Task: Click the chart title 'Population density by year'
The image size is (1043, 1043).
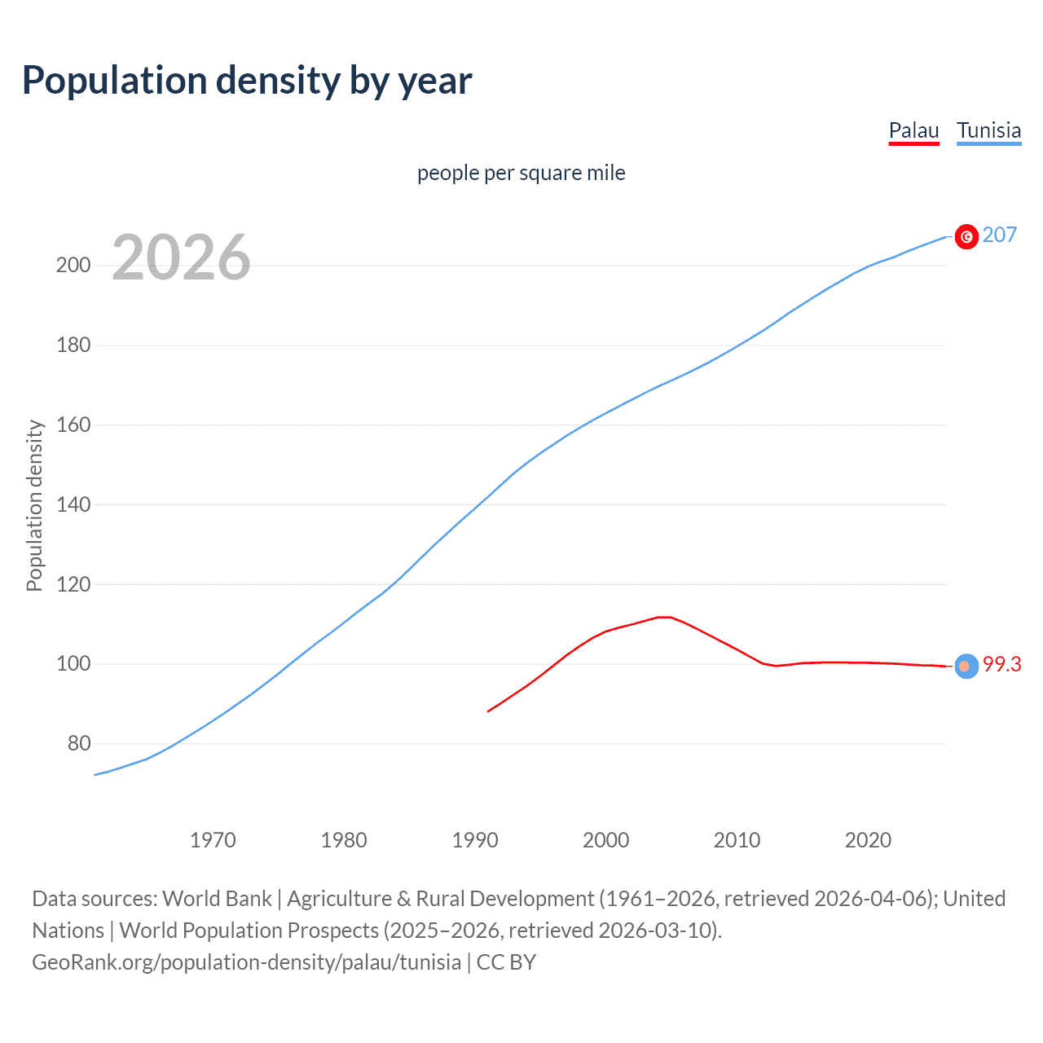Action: click(247, 81)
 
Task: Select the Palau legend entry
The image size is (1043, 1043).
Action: click(913, 130)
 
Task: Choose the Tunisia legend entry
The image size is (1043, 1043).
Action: click(988, 130)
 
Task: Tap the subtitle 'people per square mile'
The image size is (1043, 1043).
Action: click(521, 173)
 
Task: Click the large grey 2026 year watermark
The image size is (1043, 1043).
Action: click(181, 257)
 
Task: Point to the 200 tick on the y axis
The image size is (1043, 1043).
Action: click(73, 266)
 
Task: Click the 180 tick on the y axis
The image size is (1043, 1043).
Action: click(73, 345)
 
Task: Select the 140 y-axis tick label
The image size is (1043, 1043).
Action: click(73, 505)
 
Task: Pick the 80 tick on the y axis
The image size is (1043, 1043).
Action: click(79, 744)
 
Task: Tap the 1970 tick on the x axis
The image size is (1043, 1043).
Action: click(213, 840)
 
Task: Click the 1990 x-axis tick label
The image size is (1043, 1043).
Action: click(475, 840)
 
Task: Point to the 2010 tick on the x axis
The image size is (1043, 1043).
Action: click(737, 840)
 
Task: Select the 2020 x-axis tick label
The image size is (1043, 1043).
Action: click(868, 840)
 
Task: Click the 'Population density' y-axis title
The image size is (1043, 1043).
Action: click(34, 505)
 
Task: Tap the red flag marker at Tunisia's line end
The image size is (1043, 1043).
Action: click(966, 236)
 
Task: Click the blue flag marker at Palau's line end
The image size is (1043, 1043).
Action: click(966, 666)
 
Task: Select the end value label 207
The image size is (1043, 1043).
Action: click(1000, 235)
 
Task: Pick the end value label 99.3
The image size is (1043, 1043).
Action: click(1001, 665)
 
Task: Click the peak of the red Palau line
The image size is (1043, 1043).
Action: click(664, 617)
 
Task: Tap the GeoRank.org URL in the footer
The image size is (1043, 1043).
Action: click(246, 962)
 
